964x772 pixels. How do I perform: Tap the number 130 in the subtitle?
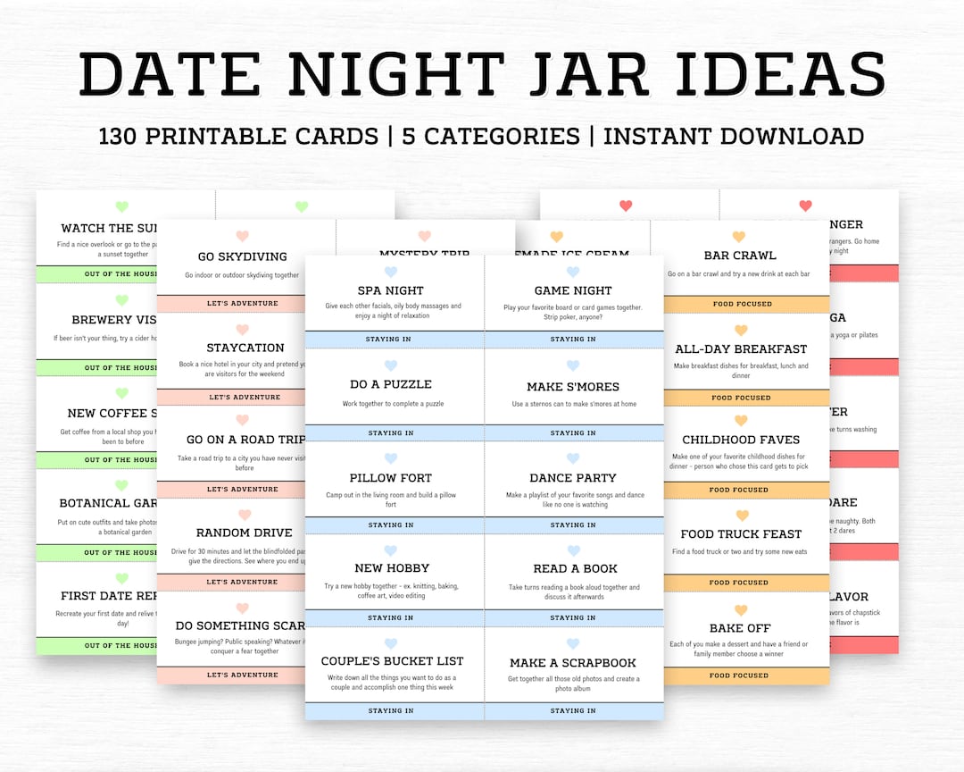tap(123, 136)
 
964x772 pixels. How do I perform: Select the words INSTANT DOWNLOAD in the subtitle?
tap(734, 136)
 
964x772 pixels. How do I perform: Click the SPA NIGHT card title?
tap(390, 290)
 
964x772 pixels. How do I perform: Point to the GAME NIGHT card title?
tap(573, 290)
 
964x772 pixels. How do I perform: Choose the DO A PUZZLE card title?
tap(390, 384)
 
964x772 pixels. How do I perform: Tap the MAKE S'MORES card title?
tap(573, 387)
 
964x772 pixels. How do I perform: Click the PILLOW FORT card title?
tap(390, 478)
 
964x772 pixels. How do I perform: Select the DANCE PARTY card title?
tap(573, 478)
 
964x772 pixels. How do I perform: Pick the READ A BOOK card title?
tap(574, 568)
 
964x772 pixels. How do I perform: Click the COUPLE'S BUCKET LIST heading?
tap(393, 661)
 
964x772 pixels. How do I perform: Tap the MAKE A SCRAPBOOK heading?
tap(573, 663)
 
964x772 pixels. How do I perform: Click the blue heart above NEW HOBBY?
tap(391, 550)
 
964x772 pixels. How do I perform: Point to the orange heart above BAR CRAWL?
tap(738, 237)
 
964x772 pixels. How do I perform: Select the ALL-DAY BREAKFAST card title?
tap(741, 348)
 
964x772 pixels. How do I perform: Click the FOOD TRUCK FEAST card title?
tap(741, 533)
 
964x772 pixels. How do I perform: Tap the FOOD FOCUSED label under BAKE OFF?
tap(741, 675)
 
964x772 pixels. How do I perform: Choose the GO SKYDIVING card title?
tap(242, 256)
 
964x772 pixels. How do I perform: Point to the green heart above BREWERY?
tap(122, 300)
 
